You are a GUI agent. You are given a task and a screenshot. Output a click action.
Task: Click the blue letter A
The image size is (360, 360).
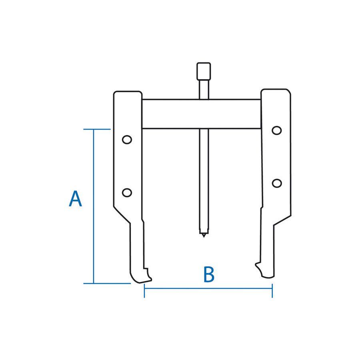pyautogui.click(x=75, y=199)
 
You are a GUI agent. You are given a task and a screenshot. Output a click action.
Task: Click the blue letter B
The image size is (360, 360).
pyautogui.click(x=209, y=275)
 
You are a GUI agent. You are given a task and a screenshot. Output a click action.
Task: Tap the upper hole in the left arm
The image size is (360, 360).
pyautogui.click(x=127, y=140)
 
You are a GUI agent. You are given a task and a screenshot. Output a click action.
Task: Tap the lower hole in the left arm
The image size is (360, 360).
pyautogui.click(x=127, y=193)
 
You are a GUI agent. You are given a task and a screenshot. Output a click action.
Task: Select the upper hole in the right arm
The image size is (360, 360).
pyautogui.click(x=276, y=130)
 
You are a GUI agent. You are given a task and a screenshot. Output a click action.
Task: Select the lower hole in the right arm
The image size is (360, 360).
pyautogui.click(x=276, y=183)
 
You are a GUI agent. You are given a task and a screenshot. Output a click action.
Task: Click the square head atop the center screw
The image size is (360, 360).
pyautogui.click(x=204, y=72)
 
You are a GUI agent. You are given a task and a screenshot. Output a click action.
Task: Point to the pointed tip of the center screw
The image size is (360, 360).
pyautogui.click(x=204, y=235)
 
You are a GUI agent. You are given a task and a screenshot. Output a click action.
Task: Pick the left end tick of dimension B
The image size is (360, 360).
pyautogui.click(x=144, y=291)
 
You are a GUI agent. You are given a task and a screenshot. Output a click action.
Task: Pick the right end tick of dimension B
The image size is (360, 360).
pyautogui.click(x=272, y=291)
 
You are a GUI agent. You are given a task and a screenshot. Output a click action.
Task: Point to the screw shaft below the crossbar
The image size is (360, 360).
pyautogui.click(x=204, y=180)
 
